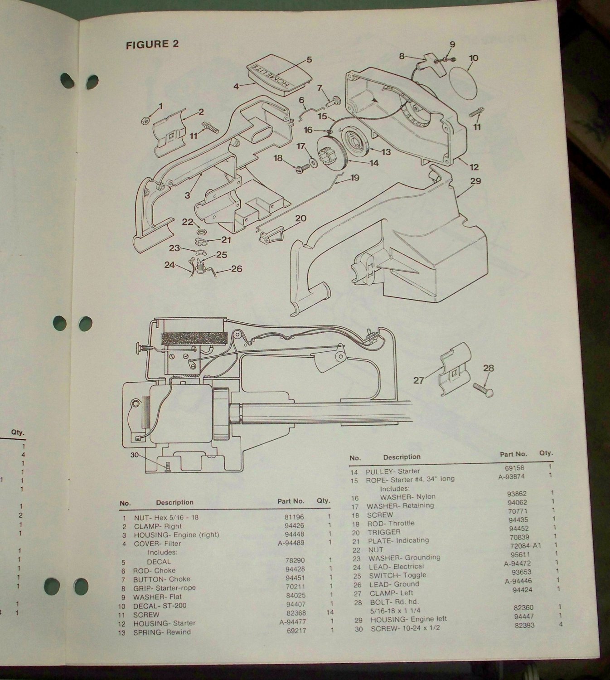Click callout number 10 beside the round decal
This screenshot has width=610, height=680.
coord(474,58)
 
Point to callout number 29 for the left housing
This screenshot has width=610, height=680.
coord(475,181)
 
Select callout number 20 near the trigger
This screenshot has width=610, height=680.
coord(300,219)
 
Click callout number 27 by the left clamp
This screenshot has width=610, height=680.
coord(418,380)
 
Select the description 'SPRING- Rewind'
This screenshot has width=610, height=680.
coord(162,632)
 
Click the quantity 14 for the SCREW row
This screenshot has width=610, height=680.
coord(329,615)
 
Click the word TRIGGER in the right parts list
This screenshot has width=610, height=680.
coord(384,532)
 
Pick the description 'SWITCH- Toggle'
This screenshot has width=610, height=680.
coord(397,575)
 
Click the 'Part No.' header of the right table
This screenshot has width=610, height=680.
coord(513,454)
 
